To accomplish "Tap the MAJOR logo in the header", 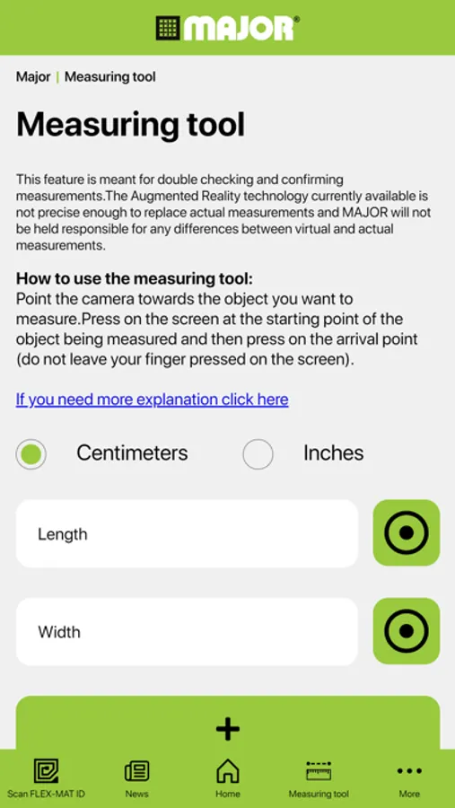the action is (x=227, y=28).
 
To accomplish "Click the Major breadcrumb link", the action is (x=33, y=77).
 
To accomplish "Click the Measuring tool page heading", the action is (x=130, y=124).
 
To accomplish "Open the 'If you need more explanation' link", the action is (x=152, y=400).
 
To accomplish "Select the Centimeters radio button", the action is (x=31, y=454).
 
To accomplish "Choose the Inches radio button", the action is (x=258, y=454).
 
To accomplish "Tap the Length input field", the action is (x=187, y=534).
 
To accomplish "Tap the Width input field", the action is (x=187, y=632).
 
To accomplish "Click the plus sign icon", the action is (x=228, y=729).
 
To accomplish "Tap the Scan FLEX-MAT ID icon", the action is (x=46, y=771).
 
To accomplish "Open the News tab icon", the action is (x=136, y=771).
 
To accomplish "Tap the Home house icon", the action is (x=228, y=771).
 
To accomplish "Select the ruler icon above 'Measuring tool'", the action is (x=319, y=771).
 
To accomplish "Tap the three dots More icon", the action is (x=409, y=771).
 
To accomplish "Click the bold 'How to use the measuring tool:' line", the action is (x=135, y=279).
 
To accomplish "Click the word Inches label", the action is (x=333, y=453).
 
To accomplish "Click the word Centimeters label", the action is (x=133, y=453).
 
